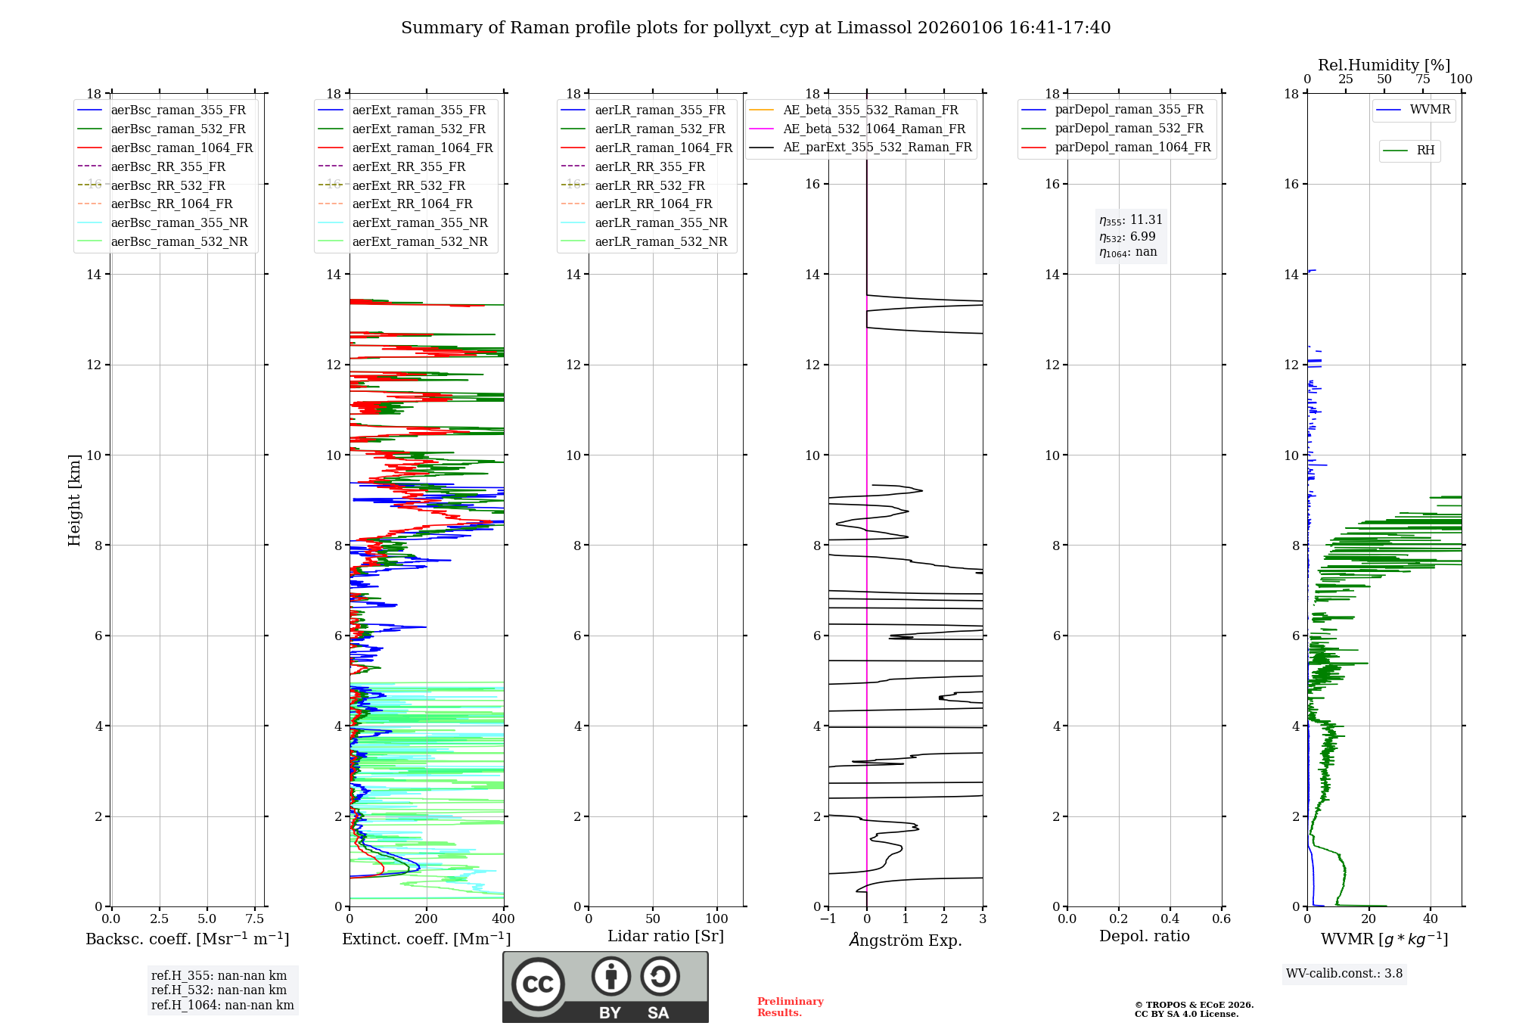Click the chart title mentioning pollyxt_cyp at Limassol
756,28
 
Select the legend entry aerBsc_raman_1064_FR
182,148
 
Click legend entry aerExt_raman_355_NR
420,222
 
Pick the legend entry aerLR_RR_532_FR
649,185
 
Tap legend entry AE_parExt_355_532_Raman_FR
877,147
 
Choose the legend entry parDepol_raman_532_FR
1129,129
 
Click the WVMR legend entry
1429,110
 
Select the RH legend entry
1424,151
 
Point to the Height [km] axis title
74,499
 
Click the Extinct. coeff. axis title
427,939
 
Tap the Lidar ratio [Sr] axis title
666,936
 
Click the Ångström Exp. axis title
906,940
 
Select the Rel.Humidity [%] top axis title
1384,65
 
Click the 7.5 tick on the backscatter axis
255,919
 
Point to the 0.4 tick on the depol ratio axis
1170,919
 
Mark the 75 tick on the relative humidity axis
1422,79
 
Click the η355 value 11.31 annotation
1131,220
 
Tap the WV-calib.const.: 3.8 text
1344,974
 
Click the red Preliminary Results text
790,1007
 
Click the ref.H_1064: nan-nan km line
222,1006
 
